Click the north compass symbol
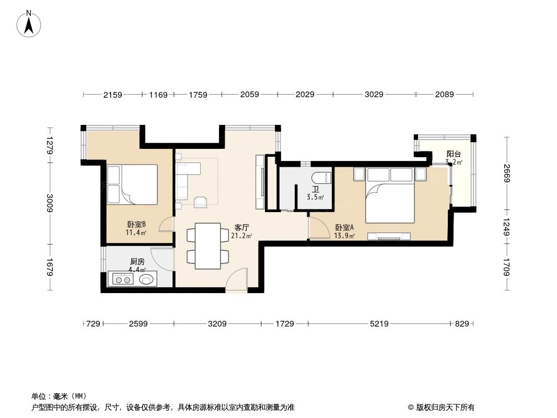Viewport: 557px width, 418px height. click(x=30, y=23)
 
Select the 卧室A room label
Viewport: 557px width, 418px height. click(x=345, y=227)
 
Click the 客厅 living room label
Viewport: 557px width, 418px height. click(x=241, y=227)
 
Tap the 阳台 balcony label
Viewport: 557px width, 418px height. click(x=454, y=154)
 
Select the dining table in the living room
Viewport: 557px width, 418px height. click(x=208, y=246)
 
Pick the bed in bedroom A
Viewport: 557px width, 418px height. click(x=390, y=202)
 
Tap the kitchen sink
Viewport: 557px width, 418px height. click(x=147, y=280)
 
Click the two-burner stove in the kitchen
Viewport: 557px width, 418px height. click(x=123, y=280)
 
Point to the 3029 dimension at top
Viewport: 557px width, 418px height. click(x=374, y=95)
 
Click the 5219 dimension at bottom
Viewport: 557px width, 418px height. click(x=379, y=324)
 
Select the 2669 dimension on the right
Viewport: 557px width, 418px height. click(x=506, y=173)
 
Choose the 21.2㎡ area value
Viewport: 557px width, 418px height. click(x=241, y=236)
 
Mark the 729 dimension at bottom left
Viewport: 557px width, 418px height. click(x=93, y=324)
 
